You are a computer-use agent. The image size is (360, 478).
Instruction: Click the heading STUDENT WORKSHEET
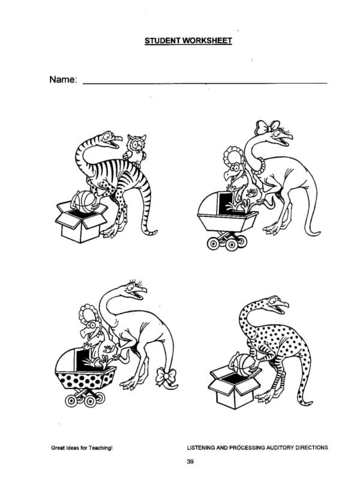click(188, 41)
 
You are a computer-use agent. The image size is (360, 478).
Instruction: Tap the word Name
click(62, 79)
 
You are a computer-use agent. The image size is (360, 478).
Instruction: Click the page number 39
click(190, 462)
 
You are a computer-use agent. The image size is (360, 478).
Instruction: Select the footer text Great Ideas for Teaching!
click(82, 448)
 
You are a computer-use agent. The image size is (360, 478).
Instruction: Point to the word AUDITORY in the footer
click(281, 448)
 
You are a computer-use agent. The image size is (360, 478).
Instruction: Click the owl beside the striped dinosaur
click(134, 147)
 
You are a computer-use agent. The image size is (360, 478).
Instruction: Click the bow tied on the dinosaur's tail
click(166, 377)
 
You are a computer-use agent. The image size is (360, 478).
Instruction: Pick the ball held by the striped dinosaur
click(84, 201)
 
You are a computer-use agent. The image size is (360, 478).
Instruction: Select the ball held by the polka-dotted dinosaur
click(244, 365)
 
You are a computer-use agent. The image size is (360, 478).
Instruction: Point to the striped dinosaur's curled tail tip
click(151, 232)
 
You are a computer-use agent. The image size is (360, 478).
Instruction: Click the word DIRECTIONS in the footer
click(312, 448)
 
